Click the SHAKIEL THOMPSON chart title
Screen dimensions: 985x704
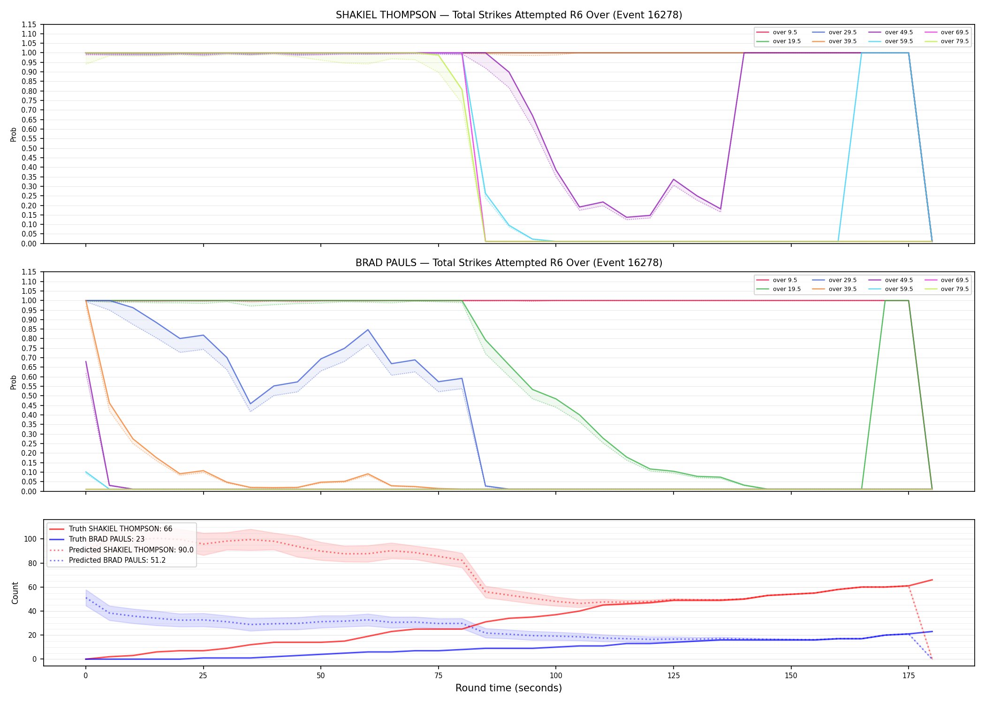509,15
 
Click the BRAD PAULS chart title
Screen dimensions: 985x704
509,263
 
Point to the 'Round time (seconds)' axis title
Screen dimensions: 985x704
509,688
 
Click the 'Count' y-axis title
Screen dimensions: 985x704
15,593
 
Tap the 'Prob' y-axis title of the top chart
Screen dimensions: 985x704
14,134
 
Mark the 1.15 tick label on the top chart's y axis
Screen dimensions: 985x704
29,24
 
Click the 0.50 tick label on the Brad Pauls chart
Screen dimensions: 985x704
29,396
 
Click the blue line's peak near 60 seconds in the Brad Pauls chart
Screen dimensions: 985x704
368,329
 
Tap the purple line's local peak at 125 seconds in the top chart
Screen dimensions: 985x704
674,179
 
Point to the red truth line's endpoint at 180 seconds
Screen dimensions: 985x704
932,580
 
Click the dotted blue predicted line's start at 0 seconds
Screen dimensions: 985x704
86,597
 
